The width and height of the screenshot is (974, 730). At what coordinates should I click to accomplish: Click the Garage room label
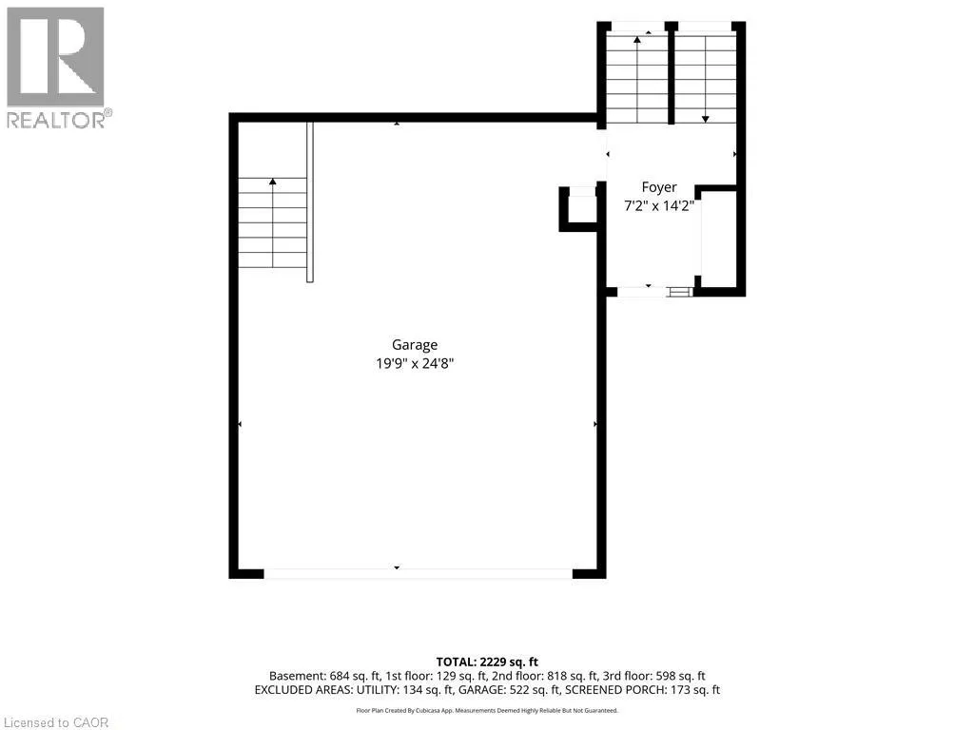point(415,344)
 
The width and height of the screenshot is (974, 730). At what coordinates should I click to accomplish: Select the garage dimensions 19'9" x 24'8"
point(415,363)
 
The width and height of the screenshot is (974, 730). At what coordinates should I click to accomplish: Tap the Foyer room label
point(659,187)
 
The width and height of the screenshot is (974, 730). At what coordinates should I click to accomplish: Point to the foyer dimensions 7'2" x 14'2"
point(659,205)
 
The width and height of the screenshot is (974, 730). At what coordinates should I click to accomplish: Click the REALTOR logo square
point(55,56)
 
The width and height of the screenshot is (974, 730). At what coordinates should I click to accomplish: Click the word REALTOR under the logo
point(56,120)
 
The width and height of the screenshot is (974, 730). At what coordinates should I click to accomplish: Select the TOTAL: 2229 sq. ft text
point(487,663)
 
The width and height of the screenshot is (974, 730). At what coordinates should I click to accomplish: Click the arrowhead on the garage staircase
point(273,182)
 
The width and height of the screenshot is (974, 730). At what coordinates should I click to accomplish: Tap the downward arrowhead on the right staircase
point(706,119)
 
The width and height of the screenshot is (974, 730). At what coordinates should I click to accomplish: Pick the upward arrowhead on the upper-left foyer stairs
point(637,40)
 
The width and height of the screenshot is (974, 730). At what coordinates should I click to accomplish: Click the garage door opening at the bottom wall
point(419,573)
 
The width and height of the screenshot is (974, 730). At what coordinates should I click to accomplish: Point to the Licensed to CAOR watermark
point(56,722)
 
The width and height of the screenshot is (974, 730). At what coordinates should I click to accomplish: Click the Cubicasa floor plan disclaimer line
point(487,710)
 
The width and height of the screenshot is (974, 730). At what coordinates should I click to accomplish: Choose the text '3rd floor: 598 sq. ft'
point(654,676)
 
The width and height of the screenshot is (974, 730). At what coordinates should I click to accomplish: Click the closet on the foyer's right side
point(719,238)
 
